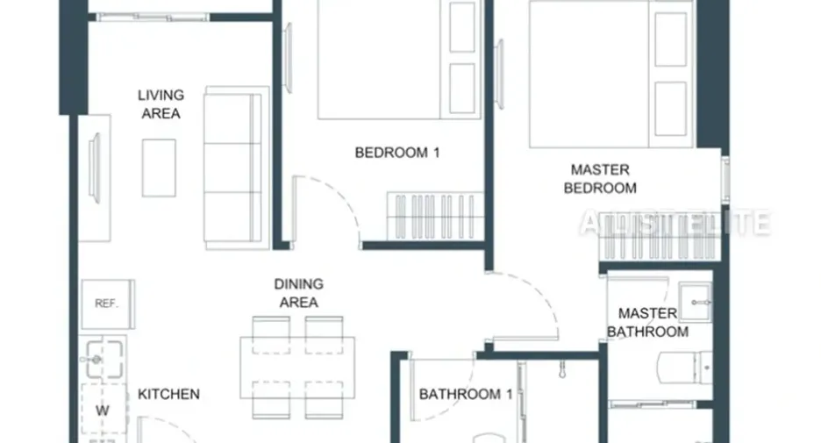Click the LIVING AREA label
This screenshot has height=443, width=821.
[161, 104]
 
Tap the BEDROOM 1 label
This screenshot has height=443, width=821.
[396, 153]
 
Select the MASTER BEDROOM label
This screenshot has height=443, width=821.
[600, 179]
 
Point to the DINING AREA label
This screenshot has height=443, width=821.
[298, 293]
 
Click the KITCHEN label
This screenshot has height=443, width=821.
[168, 394]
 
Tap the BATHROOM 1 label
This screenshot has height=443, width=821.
[466, 394]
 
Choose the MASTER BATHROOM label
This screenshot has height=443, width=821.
[647, 323]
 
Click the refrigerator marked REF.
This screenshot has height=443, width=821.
[107, 304]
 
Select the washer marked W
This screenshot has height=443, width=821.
[104, 411]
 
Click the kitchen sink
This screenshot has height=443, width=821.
[104, 359]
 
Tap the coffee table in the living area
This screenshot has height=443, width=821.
[159, 168]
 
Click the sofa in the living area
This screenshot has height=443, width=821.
[233, 168]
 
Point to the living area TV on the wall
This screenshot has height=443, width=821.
[95, 168]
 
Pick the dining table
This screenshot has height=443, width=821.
[297, 368]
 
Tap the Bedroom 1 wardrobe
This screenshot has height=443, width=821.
[436, 217]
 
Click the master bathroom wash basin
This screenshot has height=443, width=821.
[696, 303]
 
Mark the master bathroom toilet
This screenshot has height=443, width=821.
[684, 368]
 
